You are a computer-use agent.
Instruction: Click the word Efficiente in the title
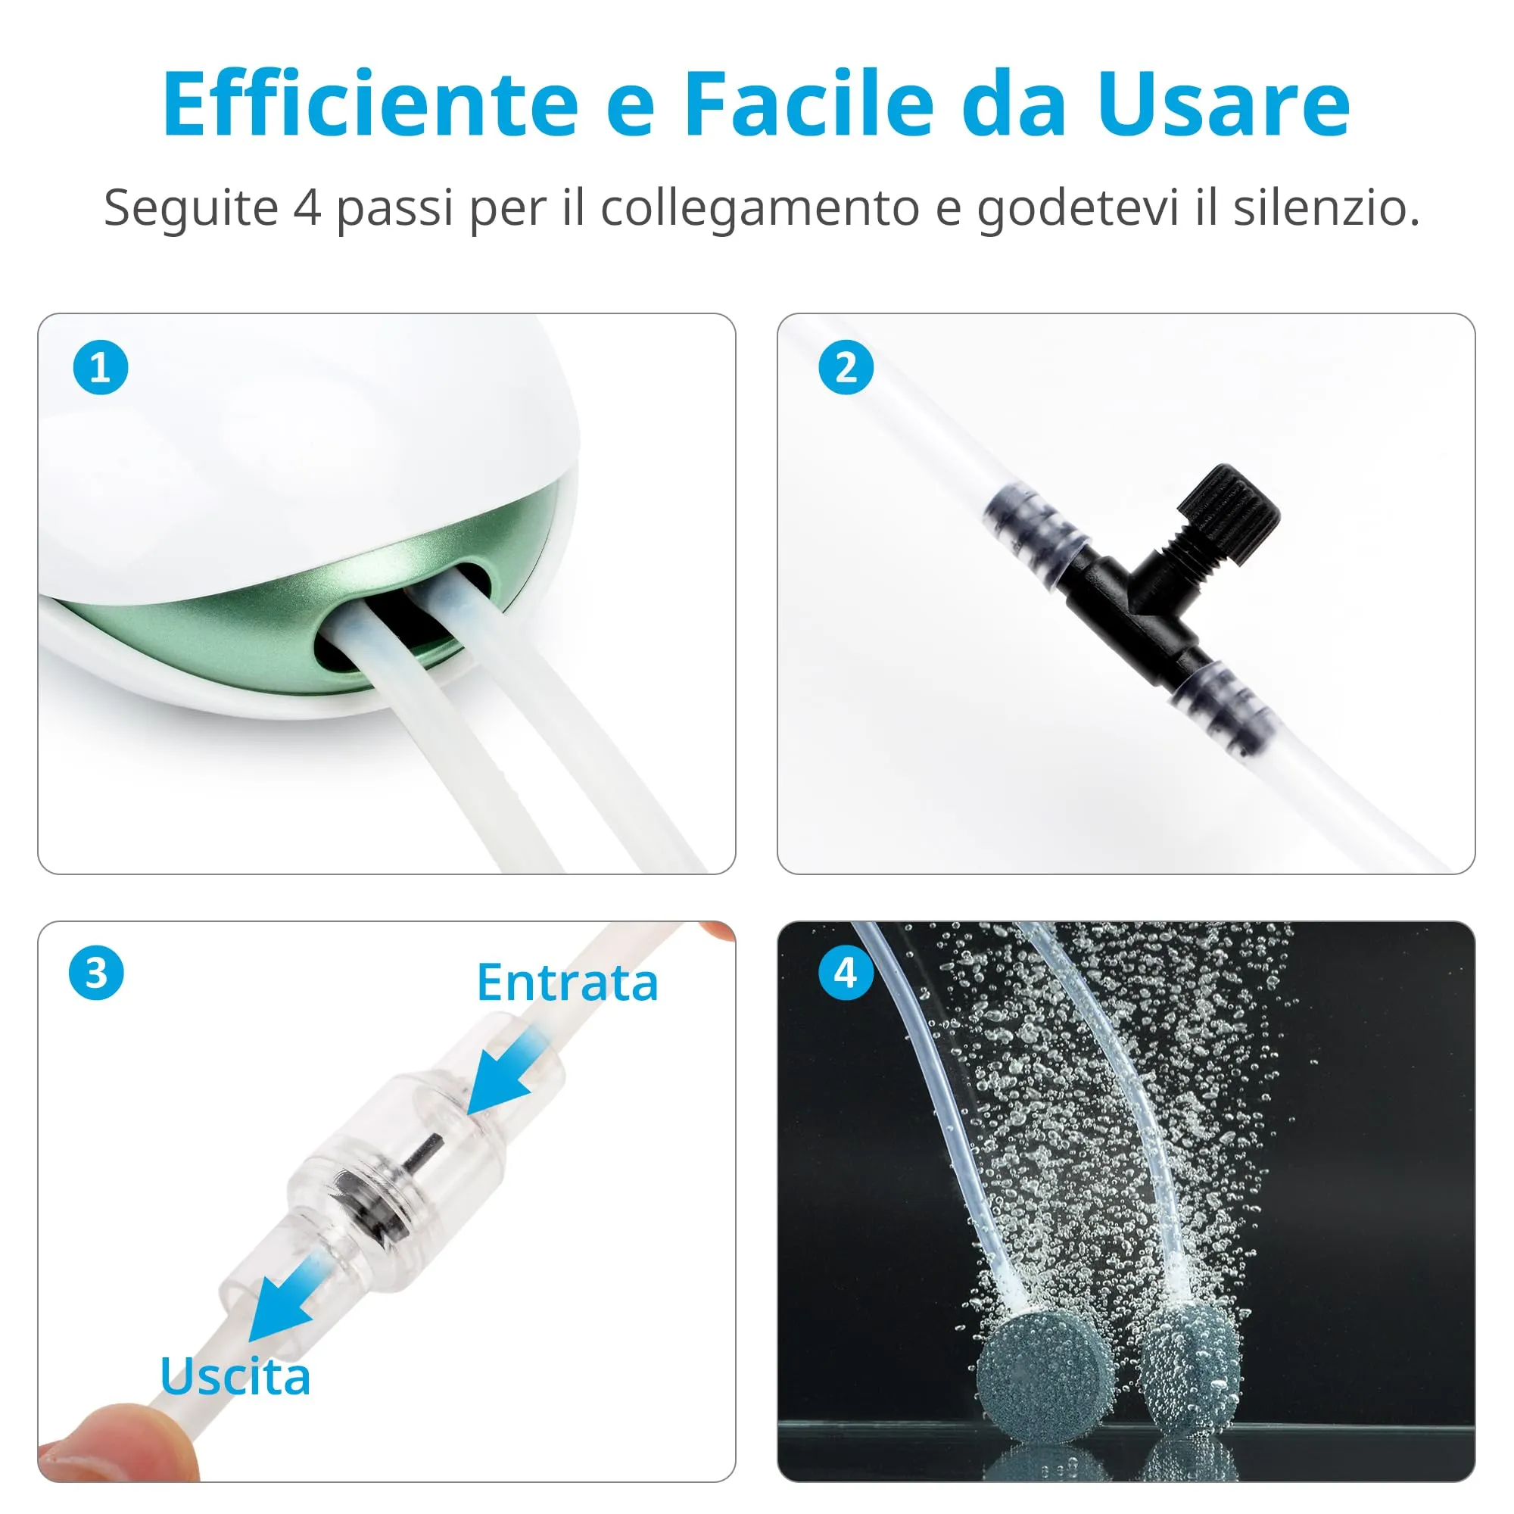371,104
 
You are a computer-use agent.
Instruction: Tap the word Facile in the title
809,104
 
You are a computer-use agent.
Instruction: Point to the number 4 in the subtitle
307,208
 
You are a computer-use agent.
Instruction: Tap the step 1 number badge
101,368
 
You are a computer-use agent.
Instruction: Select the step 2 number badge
846,368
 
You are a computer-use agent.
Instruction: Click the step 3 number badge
96,974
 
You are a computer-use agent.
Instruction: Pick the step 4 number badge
846,974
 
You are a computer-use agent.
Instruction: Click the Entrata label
567,983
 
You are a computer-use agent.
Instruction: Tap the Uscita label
235,1377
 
